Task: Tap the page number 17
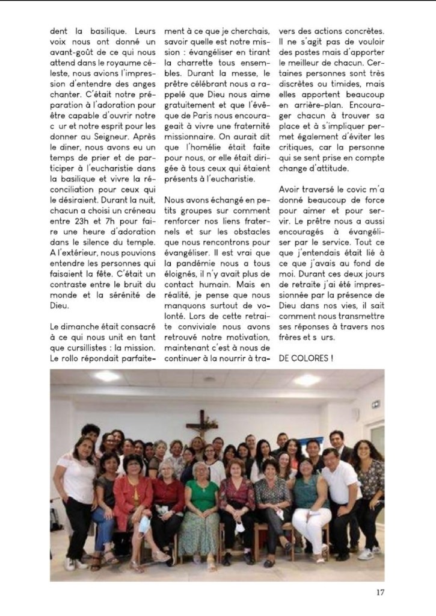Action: pyautogui.click(x=381, y=591)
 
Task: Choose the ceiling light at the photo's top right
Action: pyautogui.click(x=307, y=380)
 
